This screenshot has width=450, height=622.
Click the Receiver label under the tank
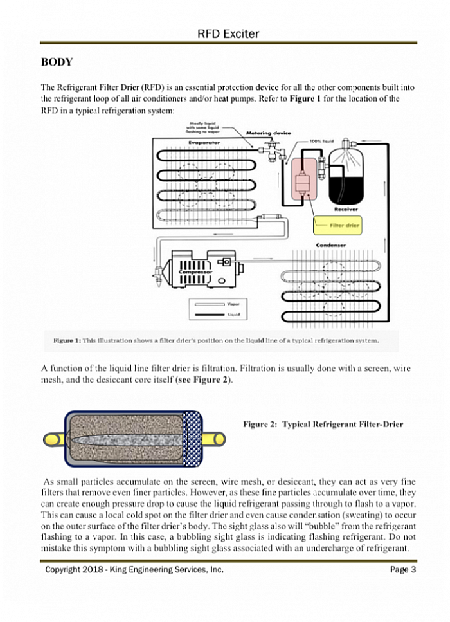pyautogui.click(x=346, y=209)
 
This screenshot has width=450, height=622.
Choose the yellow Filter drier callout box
pyautogui.click(x=337, y=226)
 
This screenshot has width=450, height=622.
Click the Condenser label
pyautogui.click(x=332, y=245)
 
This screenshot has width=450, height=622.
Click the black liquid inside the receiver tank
pyautogui.click(x=347, y=187)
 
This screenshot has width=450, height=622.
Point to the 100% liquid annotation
pyautogui.click(x=321, y=140)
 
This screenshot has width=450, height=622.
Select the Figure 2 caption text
pyautogui.click(x=323, y=425)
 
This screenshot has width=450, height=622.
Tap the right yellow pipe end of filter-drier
pyautogui.click(x=213, y=439)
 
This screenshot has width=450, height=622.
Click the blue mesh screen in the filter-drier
pyautogui.click(x=192, y=438)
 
